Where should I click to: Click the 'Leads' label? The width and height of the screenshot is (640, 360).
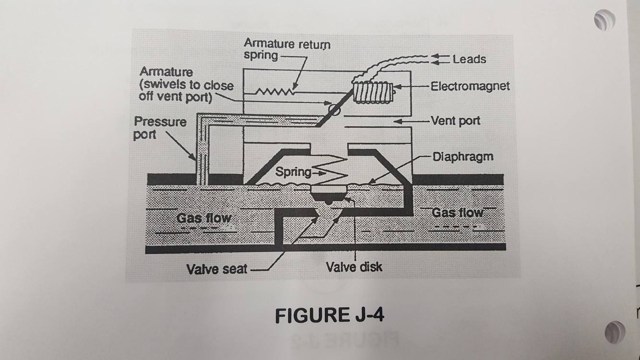point(469,59)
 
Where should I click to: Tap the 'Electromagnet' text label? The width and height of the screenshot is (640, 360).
point(470,86)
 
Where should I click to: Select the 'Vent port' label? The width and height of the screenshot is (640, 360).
point(455,120)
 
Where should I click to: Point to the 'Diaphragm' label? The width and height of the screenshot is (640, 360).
point(462,157)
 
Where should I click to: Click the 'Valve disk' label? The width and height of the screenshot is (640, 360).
point(354,267)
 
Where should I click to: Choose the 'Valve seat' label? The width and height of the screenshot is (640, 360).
point(217,269)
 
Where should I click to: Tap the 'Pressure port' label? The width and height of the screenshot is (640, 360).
point(160,128)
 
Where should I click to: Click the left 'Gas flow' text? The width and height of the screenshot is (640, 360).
point(204,218)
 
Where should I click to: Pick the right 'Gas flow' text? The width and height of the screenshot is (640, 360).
point(457,212)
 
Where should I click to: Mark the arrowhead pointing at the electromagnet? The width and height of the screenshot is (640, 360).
point(397,87)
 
